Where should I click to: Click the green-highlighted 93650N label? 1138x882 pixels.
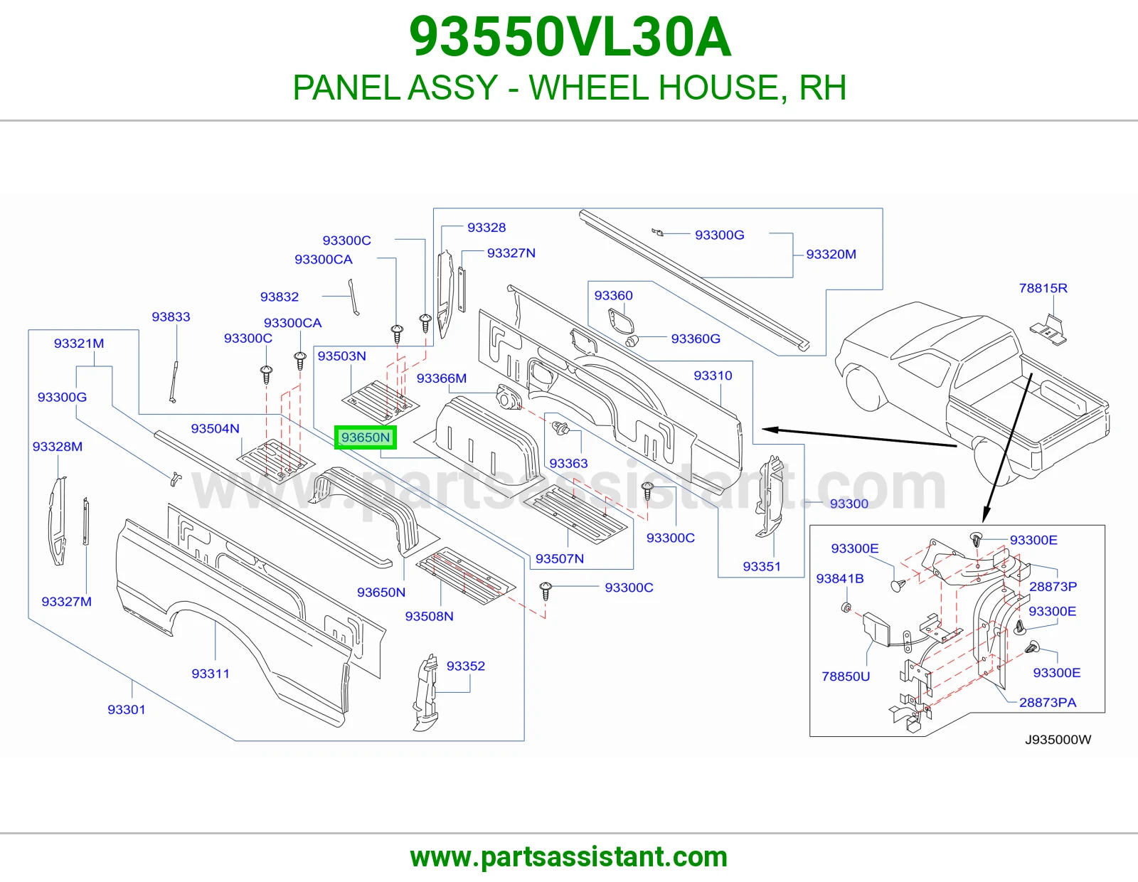(x=366, y=437)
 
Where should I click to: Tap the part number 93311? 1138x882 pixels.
(x=211, y=674)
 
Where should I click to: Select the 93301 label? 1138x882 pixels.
(x=126, y=709)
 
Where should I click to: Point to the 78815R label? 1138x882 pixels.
(x=1043, y=288)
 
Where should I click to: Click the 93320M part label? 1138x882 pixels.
(x=831, y=254)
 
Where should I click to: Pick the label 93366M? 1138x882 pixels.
(x=442, y=378)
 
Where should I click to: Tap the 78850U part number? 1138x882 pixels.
(x=846, y=676)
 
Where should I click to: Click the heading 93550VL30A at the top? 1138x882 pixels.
(x=570, y=37)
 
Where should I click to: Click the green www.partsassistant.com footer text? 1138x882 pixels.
(x=569, y=857)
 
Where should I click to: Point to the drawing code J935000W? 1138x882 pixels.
(x=1058, y=740)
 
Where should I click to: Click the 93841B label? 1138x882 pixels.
(x=840, y=578)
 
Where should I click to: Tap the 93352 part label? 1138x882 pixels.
(x=466, y=666)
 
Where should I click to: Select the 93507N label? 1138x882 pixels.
(x=559, y=558)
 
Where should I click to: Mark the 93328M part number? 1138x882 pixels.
(x=58, y=446)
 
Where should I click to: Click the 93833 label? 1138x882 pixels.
(x=171, y=317)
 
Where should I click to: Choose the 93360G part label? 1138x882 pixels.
(x=696, y=339)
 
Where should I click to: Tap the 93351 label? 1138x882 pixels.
(x=762, y=566)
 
